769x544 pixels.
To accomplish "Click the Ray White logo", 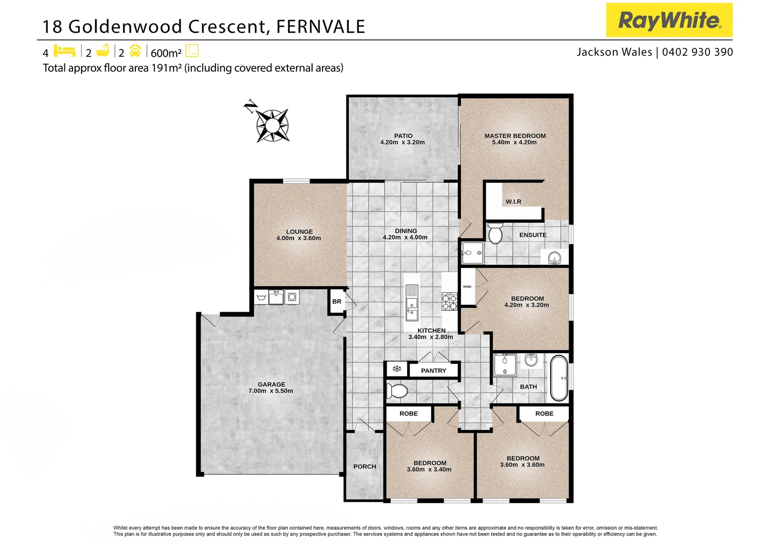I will pyautogui.click(x=669, y=20).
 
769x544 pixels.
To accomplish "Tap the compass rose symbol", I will pyautogui.click(x=272, y=125).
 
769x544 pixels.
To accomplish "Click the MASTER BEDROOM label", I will pyautogui.click(x=515, y=135).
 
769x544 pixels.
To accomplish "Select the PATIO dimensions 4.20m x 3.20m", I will pyautogui.click(x=402, y=143).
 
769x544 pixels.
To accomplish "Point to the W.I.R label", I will pyautogui.click(x=513, y=201).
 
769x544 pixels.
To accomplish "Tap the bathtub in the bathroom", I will pyautogui.click(x=559, y=378).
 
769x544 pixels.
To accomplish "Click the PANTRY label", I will pyautogui.click(x=433, y=370).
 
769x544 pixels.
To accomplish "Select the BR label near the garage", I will pyautogui.click(x=337, y=302).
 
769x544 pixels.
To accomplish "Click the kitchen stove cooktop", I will pyautogui.click(x=449, y=301).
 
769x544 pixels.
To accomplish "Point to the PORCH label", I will pyautogui.click(x=364, y=466).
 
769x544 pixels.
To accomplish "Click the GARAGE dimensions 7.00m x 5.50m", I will pyautogui.click(x=271, y=391).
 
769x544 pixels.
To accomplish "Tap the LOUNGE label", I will pyautogui.click(x=299, y=232).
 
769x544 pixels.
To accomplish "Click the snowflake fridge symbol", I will pyautogui.click(x=397, y=369).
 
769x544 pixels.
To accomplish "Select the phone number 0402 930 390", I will pyautogui.click(x=698, y=52).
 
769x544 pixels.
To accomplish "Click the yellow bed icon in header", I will pyautogui.click(x=64, y=51).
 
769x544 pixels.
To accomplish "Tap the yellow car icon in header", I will pyautogui.click(x=135, y=51).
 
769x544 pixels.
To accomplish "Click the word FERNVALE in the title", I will pyautogui.click(x=320, y=26).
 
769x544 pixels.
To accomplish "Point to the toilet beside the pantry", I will pyautogui.click(x=397, y=391).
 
